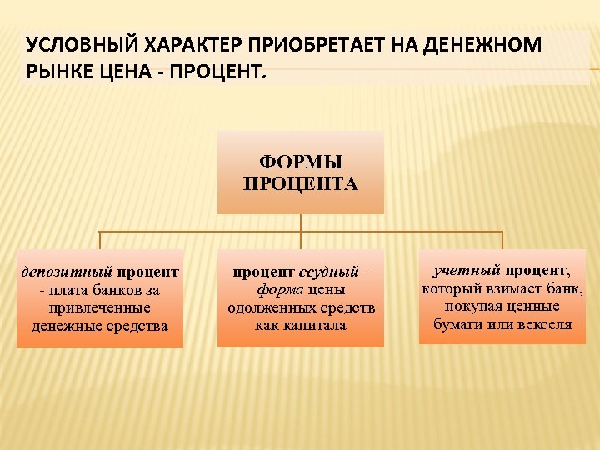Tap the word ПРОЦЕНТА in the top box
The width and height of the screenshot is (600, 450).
pyautogui.click(x=301, y=182)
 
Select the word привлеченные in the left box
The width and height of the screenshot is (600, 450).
pyautogui.click(x=100, y=307)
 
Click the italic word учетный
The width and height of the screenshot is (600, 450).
pyautogui.click(x=467, y=270)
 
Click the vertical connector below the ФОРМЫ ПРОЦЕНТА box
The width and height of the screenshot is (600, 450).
pyautogui.click(x=301, y=222)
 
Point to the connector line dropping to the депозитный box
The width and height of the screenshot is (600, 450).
pyautogui.click(x=100, y=240)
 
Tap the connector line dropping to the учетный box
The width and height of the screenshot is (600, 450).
pyautogui.click(x=502, y=240)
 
